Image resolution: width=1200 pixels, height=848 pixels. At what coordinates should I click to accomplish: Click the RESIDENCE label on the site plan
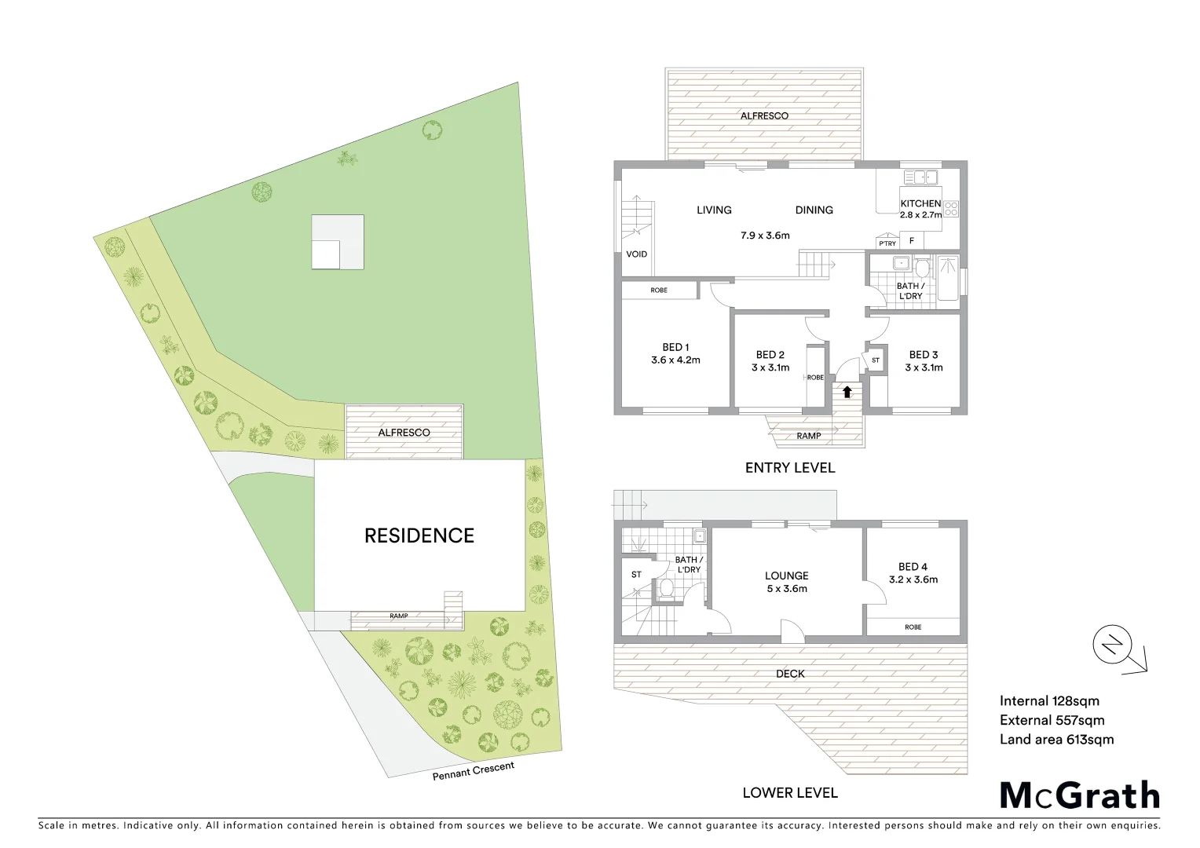point(419,535)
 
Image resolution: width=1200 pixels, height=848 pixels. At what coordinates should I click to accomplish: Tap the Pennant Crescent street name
point(474,771)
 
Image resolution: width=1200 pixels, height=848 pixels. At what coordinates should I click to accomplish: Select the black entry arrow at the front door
point(847,390)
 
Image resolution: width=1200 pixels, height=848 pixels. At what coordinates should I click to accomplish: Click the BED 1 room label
point(675,347)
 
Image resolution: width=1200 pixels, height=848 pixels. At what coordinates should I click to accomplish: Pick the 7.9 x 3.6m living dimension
point(765,235)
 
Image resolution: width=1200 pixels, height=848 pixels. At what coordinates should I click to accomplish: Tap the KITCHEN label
point(920,203)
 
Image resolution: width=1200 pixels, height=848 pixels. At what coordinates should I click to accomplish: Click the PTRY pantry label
point(887,243)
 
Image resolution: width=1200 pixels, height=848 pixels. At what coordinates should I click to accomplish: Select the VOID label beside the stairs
point(636,254)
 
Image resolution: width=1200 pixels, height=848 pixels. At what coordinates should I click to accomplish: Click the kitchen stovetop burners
point(950,209)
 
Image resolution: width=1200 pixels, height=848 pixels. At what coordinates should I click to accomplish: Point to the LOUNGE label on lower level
point(786,576)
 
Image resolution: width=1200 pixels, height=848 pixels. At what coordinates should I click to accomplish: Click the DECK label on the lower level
point(790,674)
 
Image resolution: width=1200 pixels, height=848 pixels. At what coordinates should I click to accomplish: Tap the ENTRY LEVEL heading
point(790,468)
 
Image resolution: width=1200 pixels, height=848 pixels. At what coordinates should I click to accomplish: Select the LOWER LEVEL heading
point(790,793)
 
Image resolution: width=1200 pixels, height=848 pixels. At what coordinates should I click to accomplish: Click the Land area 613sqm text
point(1056,739)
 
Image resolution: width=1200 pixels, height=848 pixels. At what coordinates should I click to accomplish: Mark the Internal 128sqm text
point(1049,701)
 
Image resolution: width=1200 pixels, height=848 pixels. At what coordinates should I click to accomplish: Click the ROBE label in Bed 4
point(913,627)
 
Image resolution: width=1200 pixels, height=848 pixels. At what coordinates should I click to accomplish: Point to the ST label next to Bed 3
point(876,360)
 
